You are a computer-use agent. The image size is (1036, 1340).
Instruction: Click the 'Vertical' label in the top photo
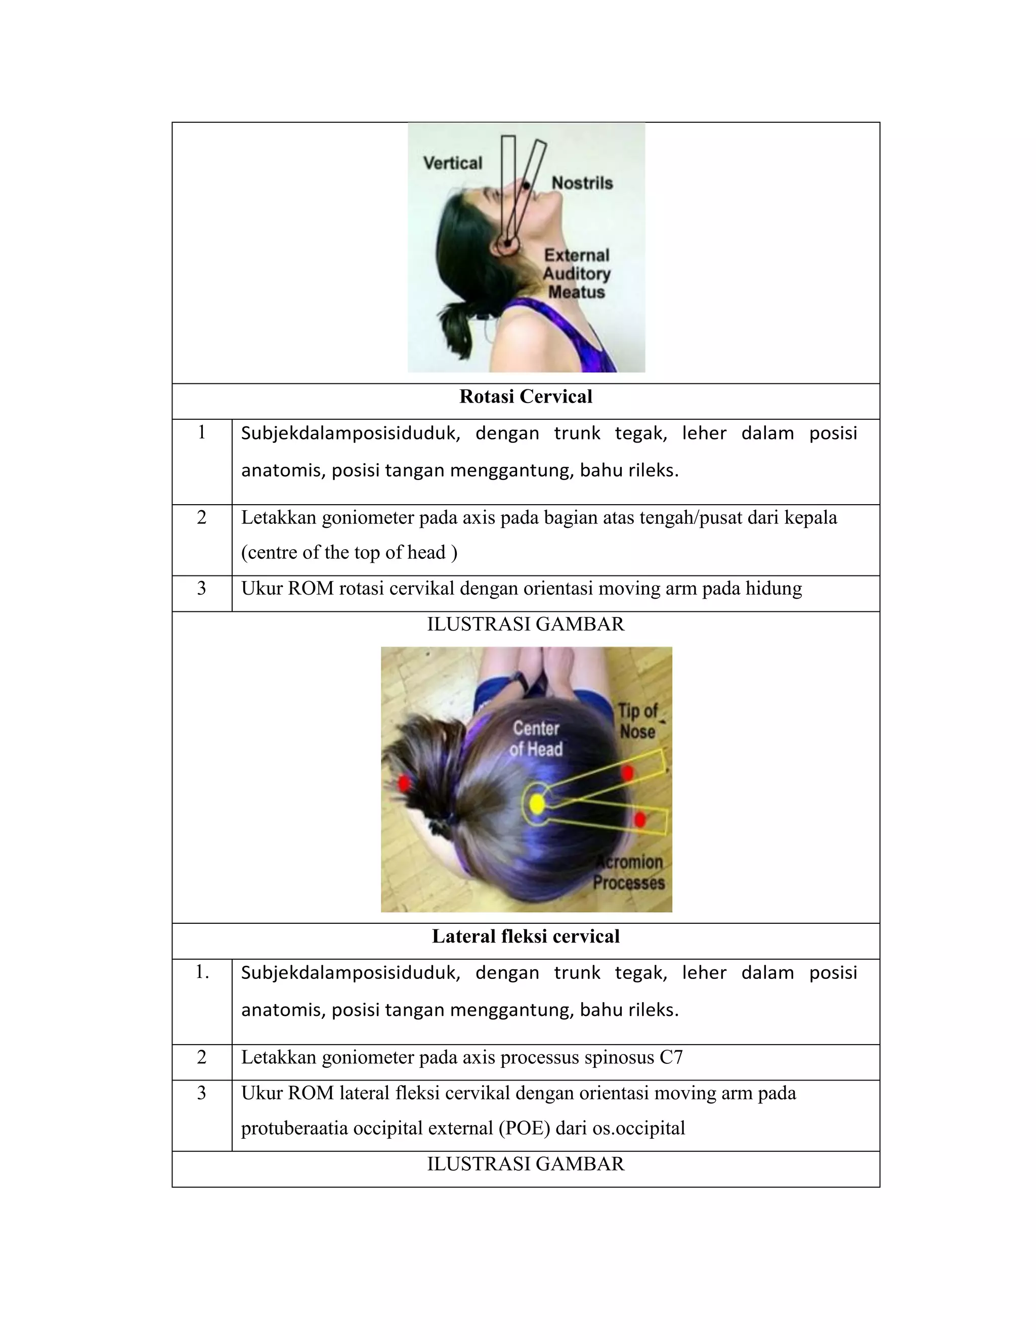452,163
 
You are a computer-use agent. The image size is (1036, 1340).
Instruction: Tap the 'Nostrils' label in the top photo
582,183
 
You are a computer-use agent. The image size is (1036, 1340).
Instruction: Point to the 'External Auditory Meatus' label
576,274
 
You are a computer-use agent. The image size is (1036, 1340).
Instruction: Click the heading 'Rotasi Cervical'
526,397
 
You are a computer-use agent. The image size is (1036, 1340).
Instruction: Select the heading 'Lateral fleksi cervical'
526,936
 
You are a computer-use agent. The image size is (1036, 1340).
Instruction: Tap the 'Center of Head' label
536,739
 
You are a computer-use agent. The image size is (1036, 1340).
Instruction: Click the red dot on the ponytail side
404,782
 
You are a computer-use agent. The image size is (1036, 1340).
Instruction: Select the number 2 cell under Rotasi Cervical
201,518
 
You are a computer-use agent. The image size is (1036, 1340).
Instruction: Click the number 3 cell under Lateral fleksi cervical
201,1093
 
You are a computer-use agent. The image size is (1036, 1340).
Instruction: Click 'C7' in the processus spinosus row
671,1057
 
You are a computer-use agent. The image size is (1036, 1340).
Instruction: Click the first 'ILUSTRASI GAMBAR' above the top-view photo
526,624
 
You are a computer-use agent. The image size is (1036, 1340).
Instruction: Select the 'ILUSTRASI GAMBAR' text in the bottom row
526,1164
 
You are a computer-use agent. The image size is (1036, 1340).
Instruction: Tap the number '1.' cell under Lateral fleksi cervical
201,972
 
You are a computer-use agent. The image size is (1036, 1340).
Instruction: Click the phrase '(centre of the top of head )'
349,553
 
